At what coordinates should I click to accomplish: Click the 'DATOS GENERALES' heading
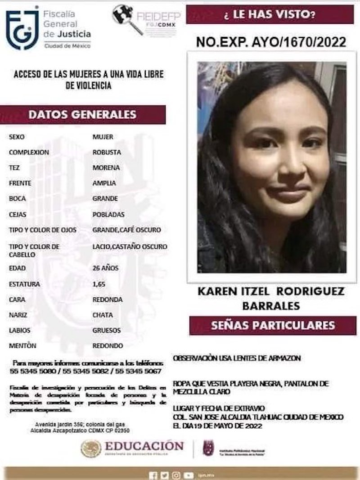[82, 114]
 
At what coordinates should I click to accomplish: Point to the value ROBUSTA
[107, 152]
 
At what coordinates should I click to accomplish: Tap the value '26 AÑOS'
[105, 268]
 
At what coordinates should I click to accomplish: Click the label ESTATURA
[24, 284]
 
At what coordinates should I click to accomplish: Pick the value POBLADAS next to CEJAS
[108, 214]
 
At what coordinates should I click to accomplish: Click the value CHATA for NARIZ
[103, 315]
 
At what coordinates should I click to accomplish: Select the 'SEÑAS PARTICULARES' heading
[273, 325]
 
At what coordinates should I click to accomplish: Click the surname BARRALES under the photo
[271, 306]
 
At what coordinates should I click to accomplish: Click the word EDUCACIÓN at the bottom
[144, 446]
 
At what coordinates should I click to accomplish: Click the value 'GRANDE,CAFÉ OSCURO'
[126, 230]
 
